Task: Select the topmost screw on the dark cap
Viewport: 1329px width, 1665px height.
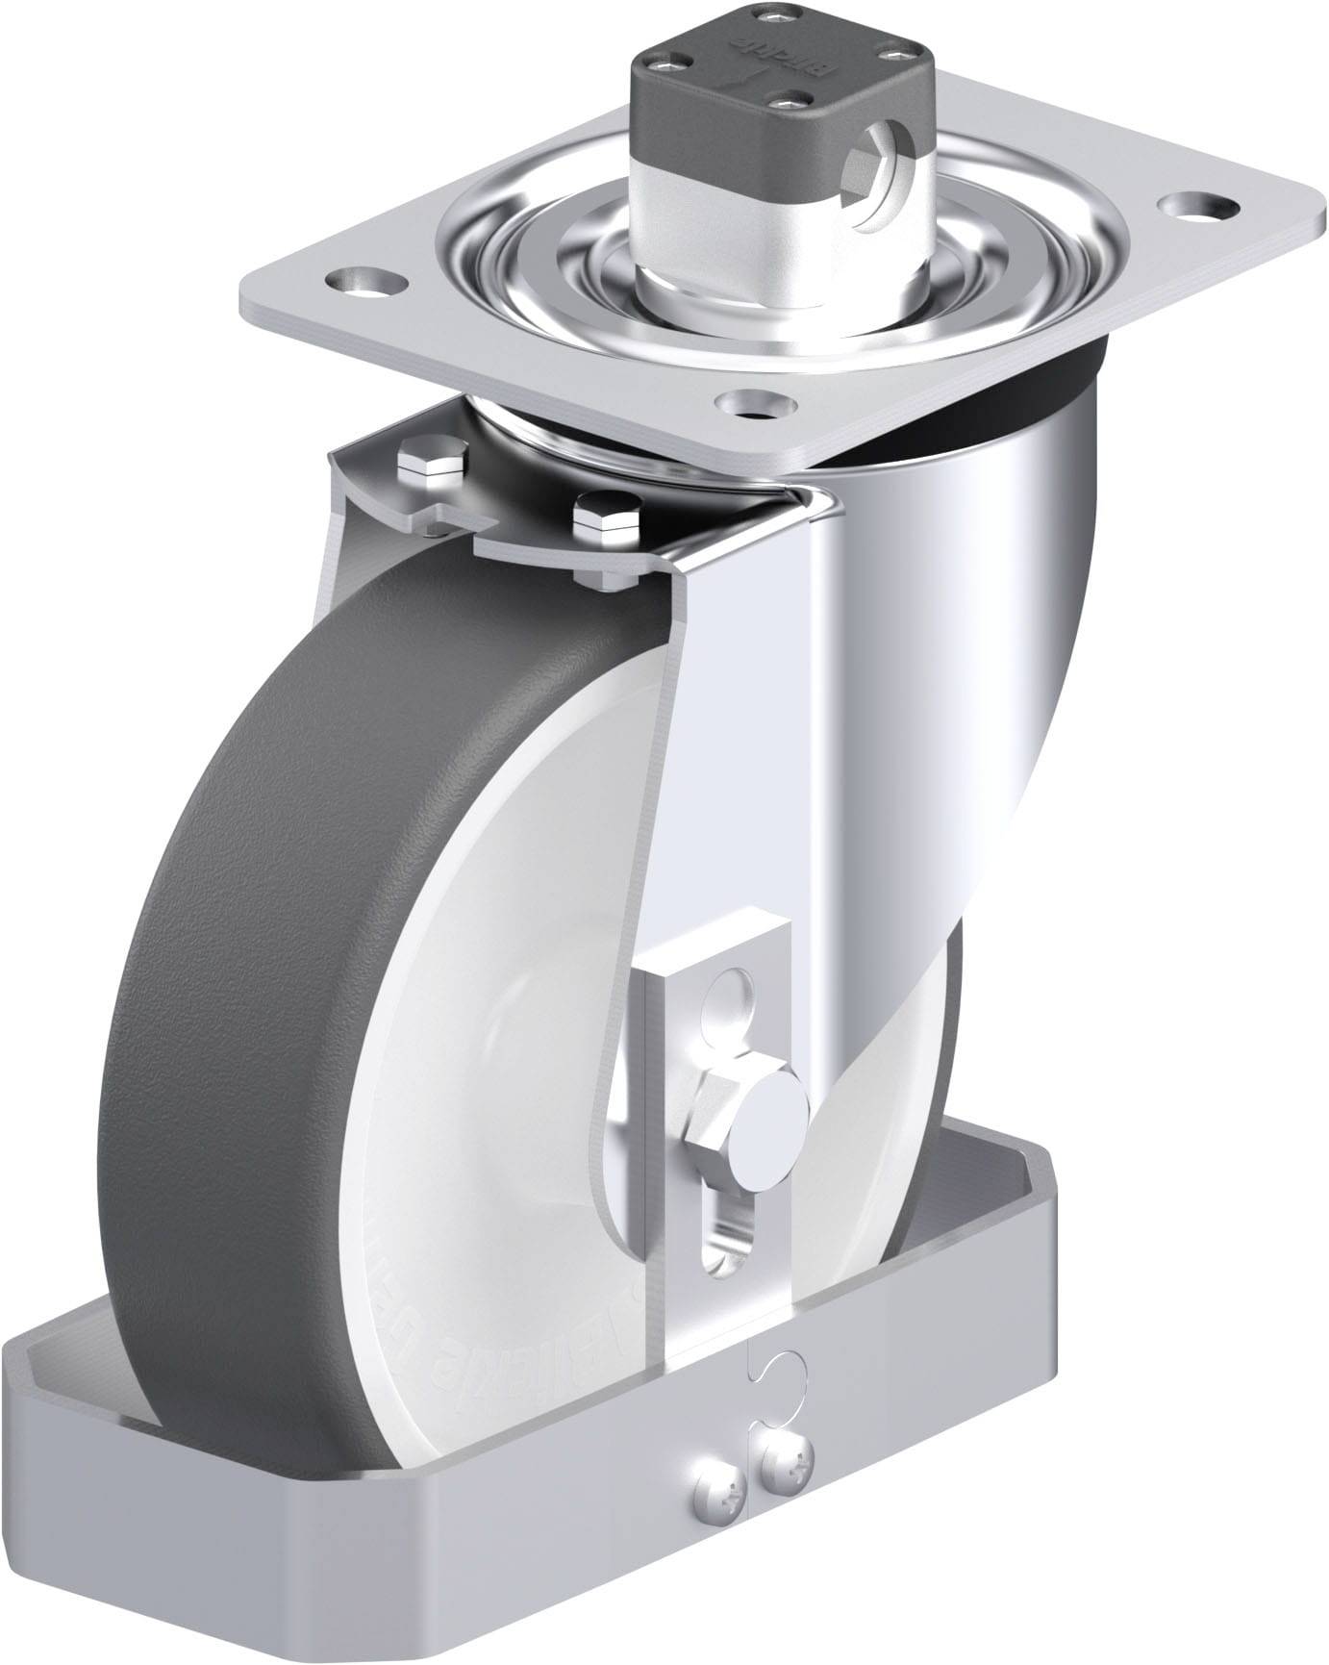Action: [x=765, y=15]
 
